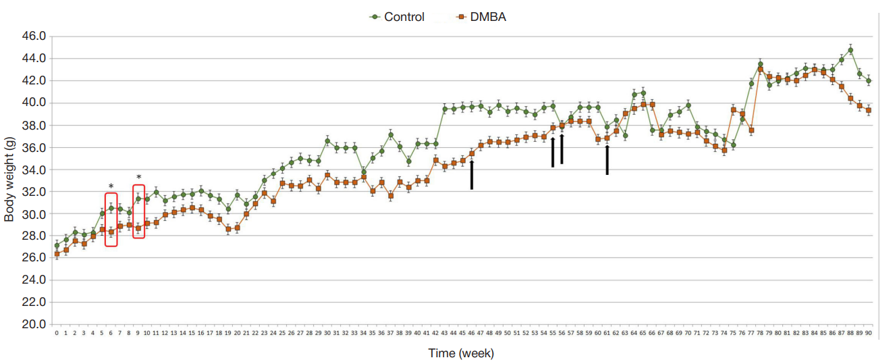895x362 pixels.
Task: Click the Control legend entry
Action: click(x=404, y=17)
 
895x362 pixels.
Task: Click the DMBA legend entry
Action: click(x=487, y=17)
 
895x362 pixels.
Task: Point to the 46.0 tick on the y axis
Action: click(x=34, y=36)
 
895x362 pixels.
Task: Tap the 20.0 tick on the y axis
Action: click(x=34, y=325)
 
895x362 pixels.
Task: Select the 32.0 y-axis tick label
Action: click(x=34, y=192)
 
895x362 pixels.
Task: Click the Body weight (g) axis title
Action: click(x=9, y=180)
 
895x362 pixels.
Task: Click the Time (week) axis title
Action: click(x=461, y=353)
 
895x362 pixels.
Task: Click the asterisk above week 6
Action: click(x=111, y=186)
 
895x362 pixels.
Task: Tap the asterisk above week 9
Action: click(x=138, y=178)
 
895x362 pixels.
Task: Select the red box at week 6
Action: click(x=111, y=219)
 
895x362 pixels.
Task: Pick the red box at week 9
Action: click(x=138, y=212)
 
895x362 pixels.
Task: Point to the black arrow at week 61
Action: click(x=607, y=160)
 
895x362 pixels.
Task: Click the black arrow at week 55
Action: click(x=553, y=152)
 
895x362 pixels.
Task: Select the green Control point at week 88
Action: click(x=850, y=50)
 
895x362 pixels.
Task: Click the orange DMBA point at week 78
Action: click(x=760, y=69)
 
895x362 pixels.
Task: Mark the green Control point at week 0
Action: click(x=57, y=246)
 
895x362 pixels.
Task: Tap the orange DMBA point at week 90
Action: click(x=869, y=110)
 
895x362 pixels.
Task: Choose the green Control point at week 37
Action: click(x=391, y=135)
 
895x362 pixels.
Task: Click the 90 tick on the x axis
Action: click(x=869, y=332)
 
